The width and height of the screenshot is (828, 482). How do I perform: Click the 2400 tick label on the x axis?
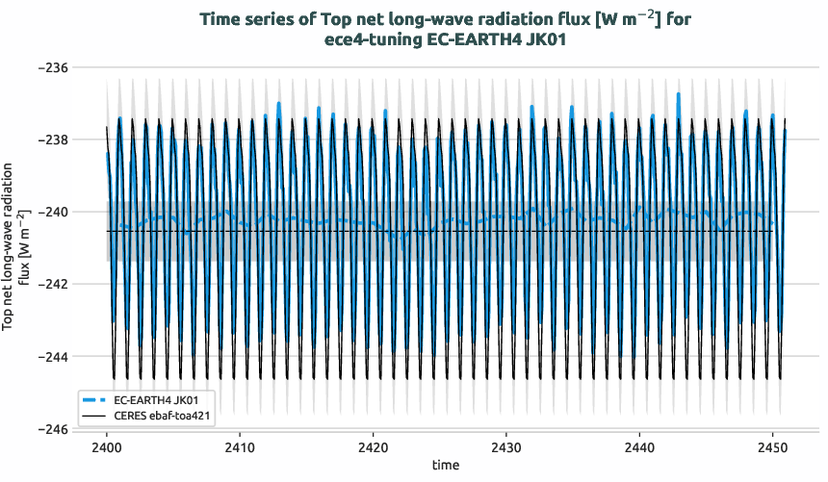[x=106, y=447]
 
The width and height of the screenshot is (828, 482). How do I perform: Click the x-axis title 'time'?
[x=446, y=465]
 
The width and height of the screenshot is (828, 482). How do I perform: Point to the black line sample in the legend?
[x=95, y=415]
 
